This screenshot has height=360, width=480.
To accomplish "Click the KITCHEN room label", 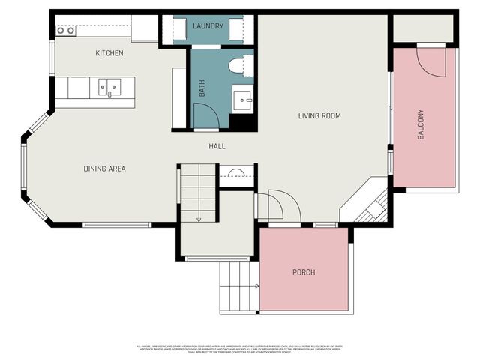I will coord(109,53).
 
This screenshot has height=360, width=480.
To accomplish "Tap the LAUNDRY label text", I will coord(208,26).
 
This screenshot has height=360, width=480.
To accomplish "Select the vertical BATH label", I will coord(202,90).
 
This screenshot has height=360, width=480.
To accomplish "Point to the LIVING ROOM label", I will coord(319,115).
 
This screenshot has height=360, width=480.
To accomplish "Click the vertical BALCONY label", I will coord(421,124).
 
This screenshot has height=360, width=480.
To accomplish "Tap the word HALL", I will coord(217,146).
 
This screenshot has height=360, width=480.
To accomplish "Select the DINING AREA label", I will coord(104,169).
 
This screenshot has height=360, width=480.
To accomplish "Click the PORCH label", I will coord(304,271).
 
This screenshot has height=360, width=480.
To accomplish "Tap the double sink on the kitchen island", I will coord(109,88).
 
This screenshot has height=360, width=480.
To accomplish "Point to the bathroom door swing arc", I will coord(205,115).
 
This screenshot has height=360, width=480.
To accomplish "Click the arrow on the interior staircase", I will coord(199,217).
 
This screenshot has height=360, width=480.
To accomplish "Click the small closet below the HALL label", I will coord(237,176).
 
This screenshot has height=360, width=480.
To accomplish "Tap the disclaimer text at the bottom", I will coord(240,348).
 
